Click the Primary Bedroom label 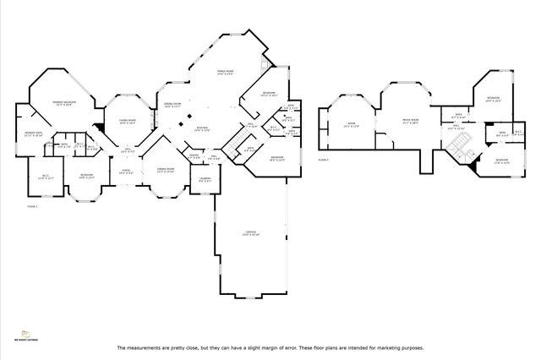63,103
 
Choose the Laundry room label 205,179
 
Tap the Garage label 251,232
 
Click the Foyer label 126,171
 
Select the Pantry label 194,156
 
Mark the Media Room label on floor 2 411,122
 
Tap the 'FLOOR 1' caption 32,205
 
